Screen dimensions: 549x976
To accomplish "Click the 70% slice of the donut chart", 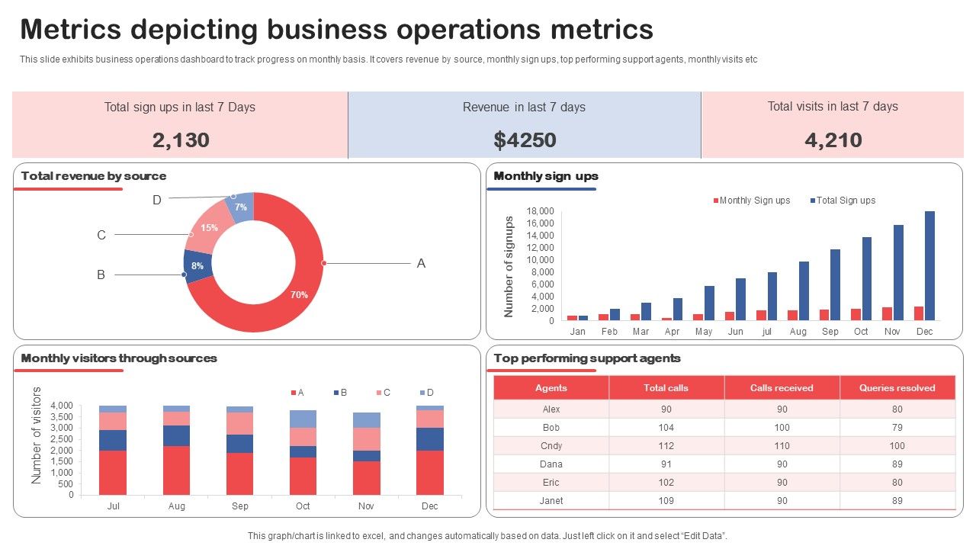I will pyautogui.click(x=299, y=294).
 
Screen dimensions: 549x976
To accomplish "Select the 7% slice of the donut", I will pyautogui.click(x=241, y=207).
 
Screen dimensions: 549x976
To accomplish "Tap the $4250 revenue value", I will pyautogui.click(x=525, y=140).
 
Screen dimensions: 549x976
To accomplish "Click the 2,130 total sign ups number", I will pyautogui.click(x=181, y=140).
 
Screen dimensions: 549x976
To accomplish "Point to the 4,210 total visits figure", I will pyautogui.click(x=833, y=140).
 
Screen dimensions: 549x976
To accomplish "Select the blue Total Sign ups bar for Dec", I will pyautogui.click(x=929, y=266).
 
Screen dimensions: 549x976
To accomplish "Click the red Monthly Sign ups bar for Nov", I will pyautogui.click(x=887, y=313).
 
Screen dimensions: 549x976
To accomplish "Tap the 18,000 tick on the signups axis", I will pyautogui.click(x=540, y=211).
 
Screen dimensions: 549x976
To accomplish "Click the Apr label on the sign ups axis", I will pyautogui.click(x=672, y=332).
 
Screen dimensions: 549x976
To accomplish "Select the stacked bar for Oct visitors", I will pyautogui.click(x=303, y=452).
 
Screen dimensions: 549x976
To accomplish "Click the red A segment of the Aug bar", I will pyautogui.click(x=176, y=470).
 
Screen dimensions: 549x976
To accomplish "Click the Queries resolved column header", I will pyautogui.click(x=897, y=388).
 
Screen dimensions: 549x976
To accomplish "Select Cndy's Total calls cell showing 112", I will pyautogui.click(x=666, y=446).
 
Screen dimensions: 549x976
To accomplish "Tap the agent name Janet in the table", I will pyautogui.click(x=551, y=501).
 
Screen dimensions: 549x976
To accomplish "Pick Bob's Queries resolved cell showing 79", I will pyautogui.click(x=897, y=428).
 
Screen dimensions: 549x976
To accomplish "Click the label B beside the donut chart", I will pyautogui.click(x=101, y=274).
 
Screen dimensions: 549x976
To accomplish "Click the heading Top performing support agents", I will pyautogui.click(x=587, y=358).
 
